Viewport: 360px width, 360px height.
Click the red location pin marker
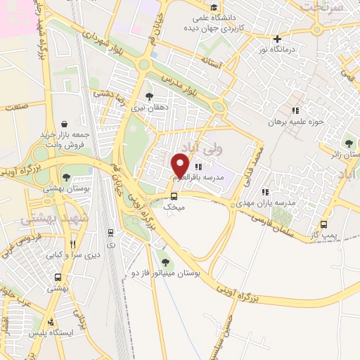[180, 166]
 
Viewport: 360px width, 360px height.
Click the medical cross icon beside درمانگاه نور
[278, 39]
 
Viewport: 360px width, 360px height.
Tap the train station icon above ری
[110, 232]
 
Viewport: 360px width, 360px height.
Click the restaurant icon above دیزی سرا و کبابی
[72, 245]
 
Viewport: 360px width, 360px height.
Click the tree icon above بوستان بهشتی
[65, 177]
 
